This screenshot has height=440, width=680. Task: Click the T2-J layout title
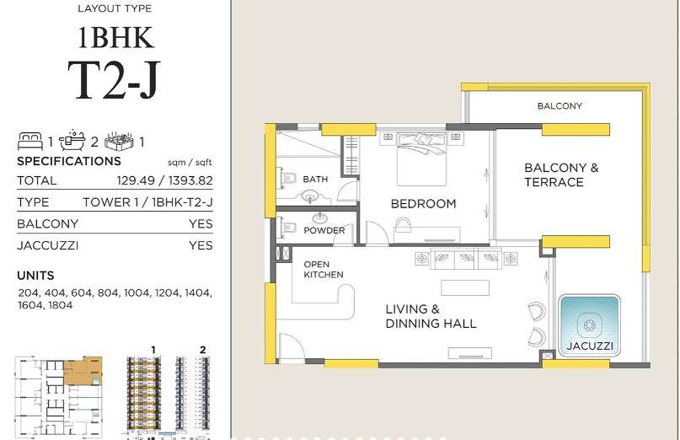pos(114,81)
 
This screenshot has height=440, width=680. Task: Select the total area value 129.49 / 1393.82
pos(165,180)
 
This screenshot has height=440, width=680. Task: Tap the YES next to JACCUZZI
pos(201,245)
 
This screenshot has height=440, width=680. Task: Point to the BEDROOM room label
pos(423,203)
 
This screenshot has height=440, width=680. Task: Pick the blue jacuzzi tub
pos(589,325)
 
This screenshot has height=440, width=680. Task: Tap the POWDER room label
pos(324,230)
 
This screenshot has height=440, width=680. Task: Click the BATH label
pos(315,180)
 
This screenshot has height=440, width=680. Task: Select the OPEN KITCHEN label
pos(323,270)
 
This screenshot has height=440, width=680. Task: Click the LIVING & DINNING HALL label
pos(431,316)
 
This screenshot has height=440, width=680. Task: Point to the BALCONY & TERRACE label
pos(561,174)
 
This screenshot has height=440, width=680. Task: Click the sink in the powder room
pos(321,217)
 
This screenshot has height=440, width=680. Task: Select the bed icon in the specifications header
pos(30,142)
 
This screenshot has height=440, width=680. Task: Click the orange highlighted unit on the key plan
pos(83,371)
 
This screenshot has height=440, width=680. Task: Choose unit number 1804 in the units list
pos(61,305)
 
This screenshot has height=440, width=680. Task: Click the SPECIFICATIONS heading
pos(69,162)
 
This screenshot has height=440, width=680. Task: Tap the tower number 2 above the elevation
pos(203,350)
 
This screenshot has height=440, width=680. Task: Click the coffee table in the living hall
pos(465,287)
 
